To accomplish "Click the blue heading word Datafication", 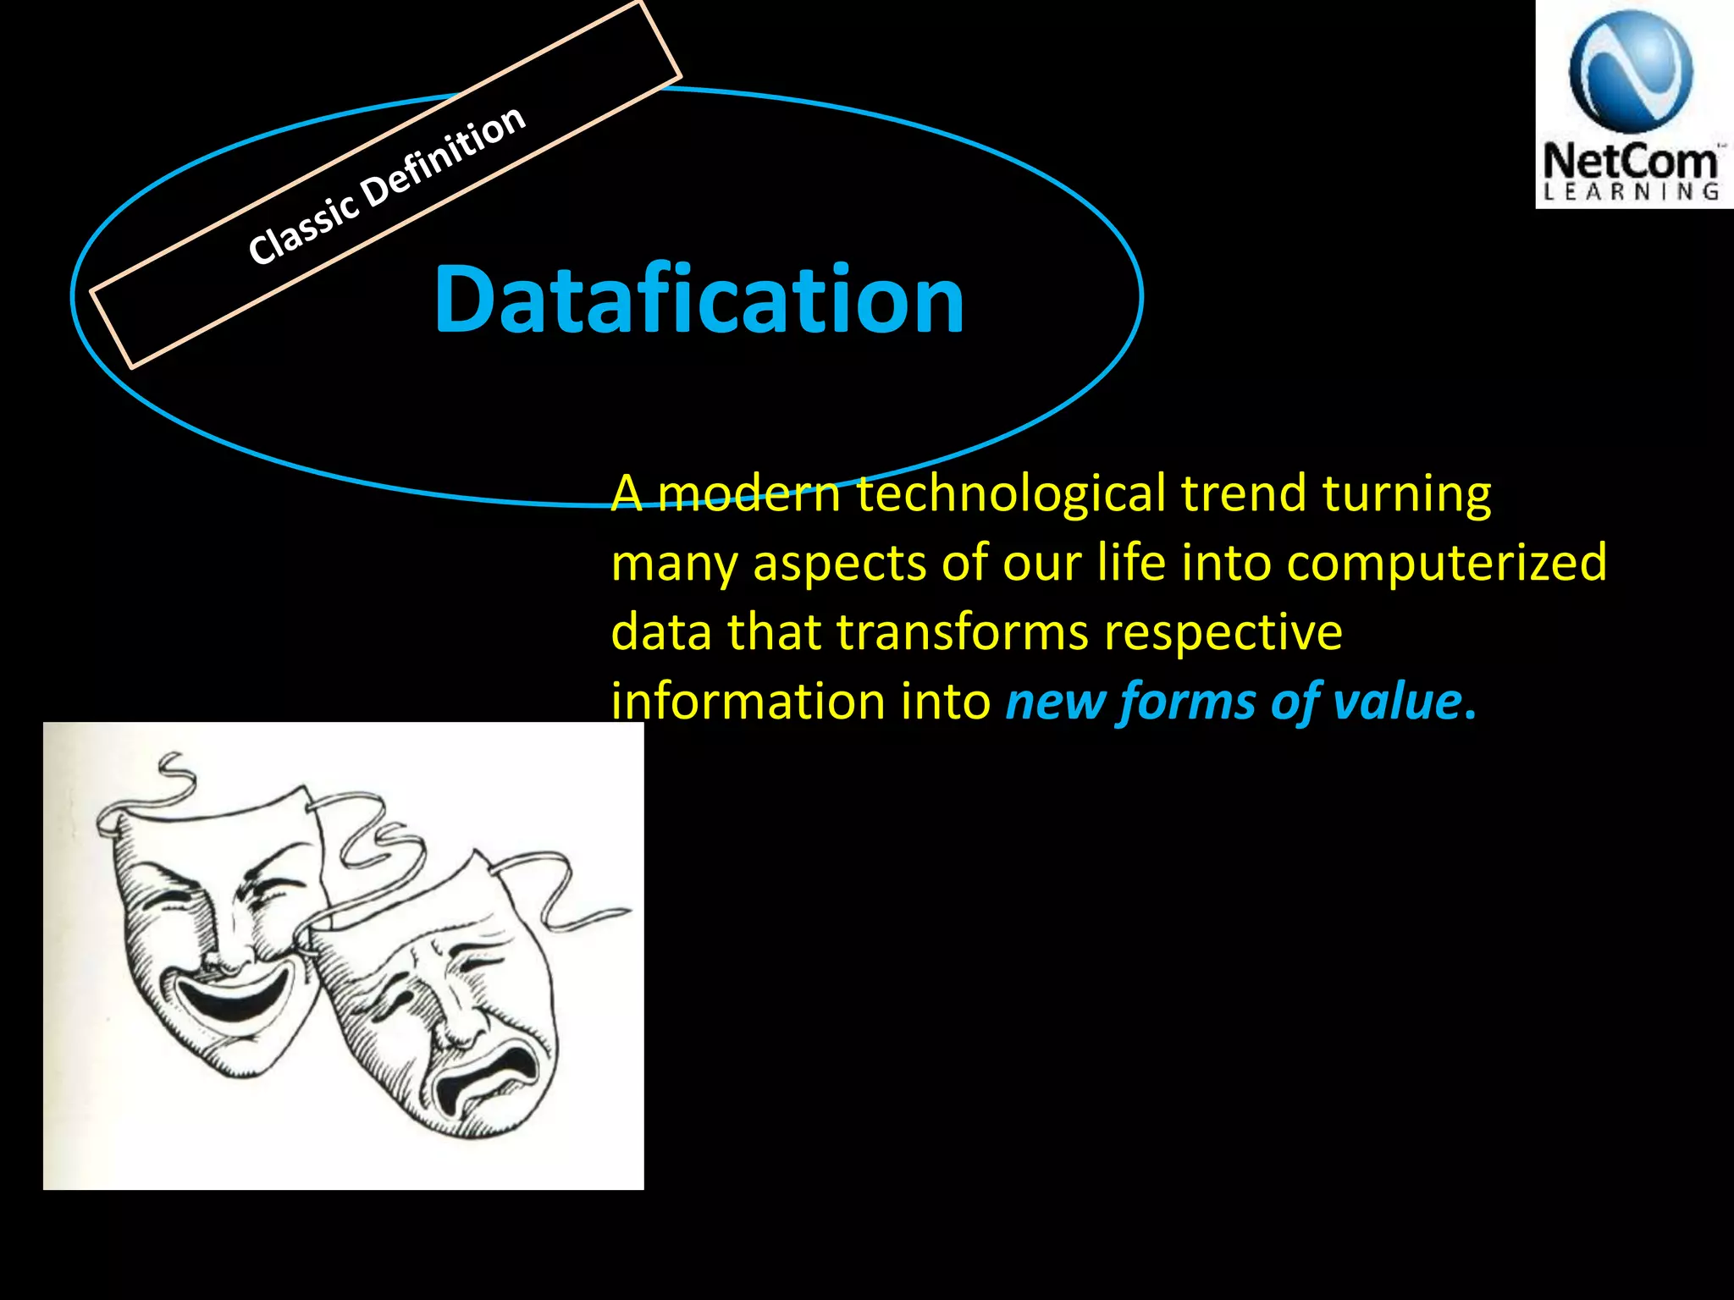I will click(699, 300).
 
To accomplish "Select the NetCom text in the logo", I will click(1630, 161).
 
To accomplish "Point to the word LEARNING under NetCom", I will click(1630, 192).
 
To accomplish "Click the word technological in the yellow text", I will click(1011, 494).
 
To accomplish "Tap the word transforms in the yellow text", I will click(962, 632).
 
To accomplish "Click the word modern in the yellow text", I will click(748, 494).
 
